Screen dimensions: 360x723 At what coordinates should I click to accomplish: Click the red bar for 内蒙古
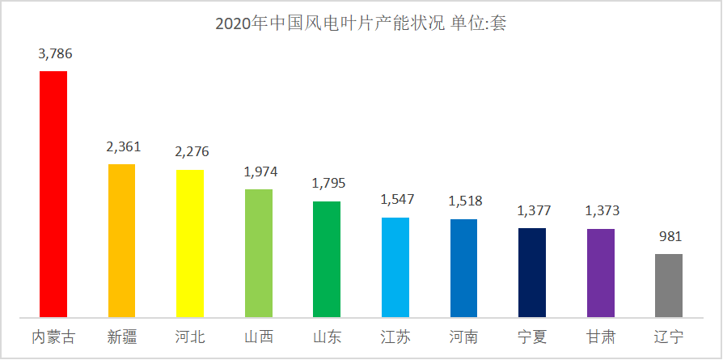pos(53,194)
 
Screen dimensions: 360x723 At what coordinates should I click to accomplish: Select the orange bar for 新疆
pos(121,240)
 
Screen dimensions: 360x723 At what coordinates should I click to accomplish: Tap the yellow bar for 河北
pos(190,244)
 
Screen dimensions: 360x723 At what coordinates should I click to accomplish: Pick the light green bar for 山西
pos(258,253)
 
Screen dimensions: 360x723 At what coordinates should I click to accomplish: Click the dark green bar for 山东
pos(327,259)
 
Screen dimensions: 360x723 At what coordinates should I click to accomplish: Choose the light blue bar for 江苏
pos(395,267)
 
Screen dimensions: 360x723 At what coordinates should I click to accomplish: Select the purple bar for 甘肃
pos(601,273)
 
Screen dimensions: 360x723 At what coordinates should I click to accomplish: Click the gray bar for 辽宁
pos(669,286)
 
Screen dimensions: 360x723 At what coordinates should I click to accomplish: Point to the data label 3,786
pos(55,54)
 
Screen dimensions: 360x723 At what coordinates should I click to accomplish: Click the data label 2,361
pos(123,147)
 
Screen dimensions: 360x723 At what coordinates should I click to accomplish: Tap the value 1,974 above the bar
pos(260,172)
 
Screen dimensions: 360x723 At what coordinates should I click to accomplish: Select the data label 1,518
pos(465,201)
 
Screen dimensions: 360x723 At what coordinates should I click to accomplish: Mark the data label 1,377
pos(533,211)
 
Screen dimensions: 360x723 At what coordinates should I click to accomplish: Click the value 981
pos(670,237)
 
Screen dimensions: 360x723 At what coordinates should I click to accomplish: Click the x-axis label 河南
pos(464,336)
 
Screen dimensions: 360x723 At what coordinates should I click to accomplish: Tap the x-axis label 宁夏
pos(533,336)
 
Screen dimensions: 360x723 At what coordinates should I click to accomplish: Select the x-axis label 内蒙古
pos(53,336)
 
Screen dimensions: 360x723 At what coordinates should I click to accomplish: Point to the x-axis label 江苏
pos(395,336)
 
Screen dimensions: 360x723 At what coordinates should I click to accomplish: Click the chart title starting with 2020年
pos(361,23)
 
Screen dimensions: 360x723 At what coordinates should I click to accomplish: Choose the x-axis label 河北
pos(190,336)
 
